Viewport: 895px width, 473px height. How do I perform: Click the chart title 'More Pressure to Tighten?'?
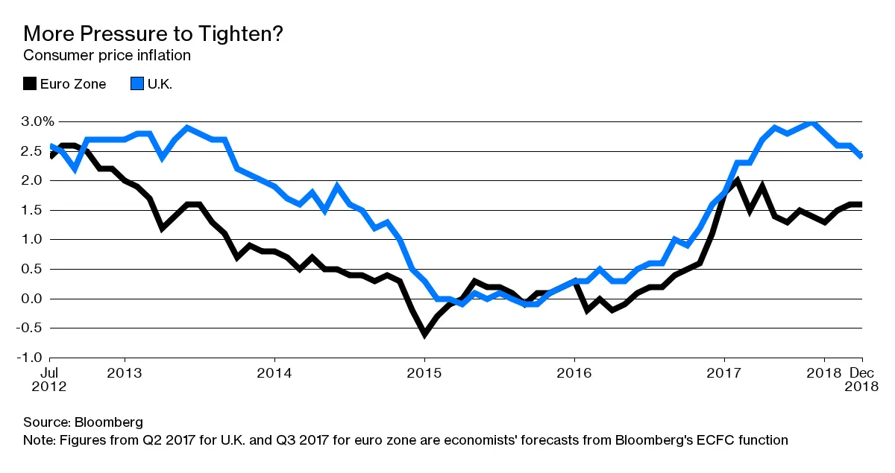coord(153,34)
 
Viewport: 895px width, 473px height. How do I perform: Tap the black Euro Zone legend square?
coord(29,83)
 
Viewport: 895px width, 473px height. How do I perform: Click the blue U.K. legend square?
coord(136,83)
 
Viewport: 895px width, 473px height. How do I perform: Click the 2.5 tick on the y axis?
coord(37,150)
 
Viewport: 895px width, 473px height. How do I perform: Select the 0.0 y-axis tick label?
coord(37,299)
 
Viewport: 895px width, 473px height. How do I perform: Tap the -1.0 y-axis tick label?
coord(35,358)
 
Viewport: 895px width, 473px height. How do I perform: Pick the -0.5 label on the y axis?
coord(35,328)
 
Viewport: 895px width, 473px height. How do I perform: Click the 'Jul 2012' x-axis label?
coord(48,379)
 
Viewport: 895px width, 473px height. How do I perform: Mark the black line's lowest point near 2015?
coord(424,334)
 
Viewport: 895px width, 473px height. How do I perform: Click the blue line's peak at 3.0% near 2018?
coord(812,121)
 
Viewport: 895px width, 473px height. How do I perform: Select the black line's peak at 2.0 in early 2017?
coord(737,180)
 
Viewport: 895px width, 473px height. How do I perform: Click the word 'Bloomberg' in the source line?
coord(105,422)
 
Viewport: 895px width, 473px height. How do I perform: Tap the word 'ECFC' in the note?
coord(713,440)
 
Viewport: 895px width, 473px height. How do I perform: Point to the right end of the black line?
coord(861,204)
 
